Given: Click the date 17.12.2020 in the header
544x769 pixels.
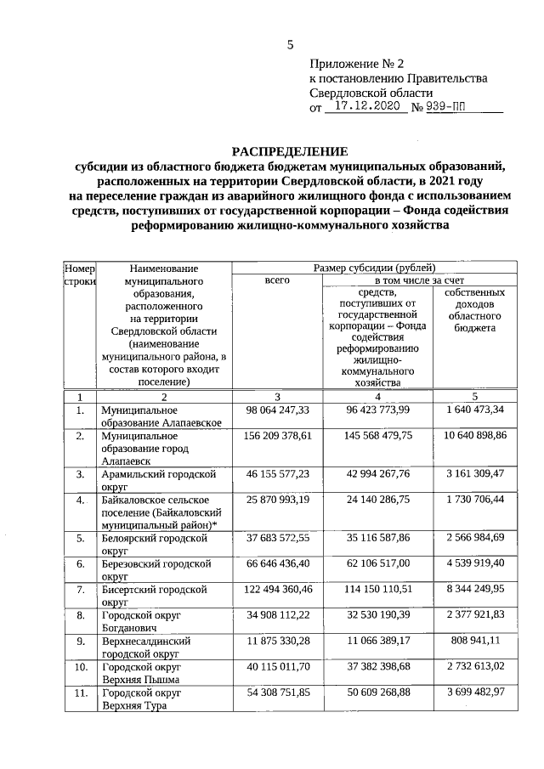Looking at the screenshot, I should tap(367, 108).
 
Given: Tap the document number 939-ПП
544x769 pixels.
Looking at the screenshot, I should tap(448, 108).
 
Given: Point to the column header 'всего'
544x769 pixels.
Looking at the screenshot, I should tap(277, 280).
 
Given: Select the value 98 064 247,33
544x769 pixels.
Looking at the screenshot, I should tap(277, 410).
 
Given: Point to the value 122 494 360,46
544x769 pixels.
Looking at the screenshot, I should tap(277, 588).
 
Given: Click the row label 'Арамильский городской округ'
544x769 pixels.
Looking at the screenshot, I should tap(158, 478).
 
